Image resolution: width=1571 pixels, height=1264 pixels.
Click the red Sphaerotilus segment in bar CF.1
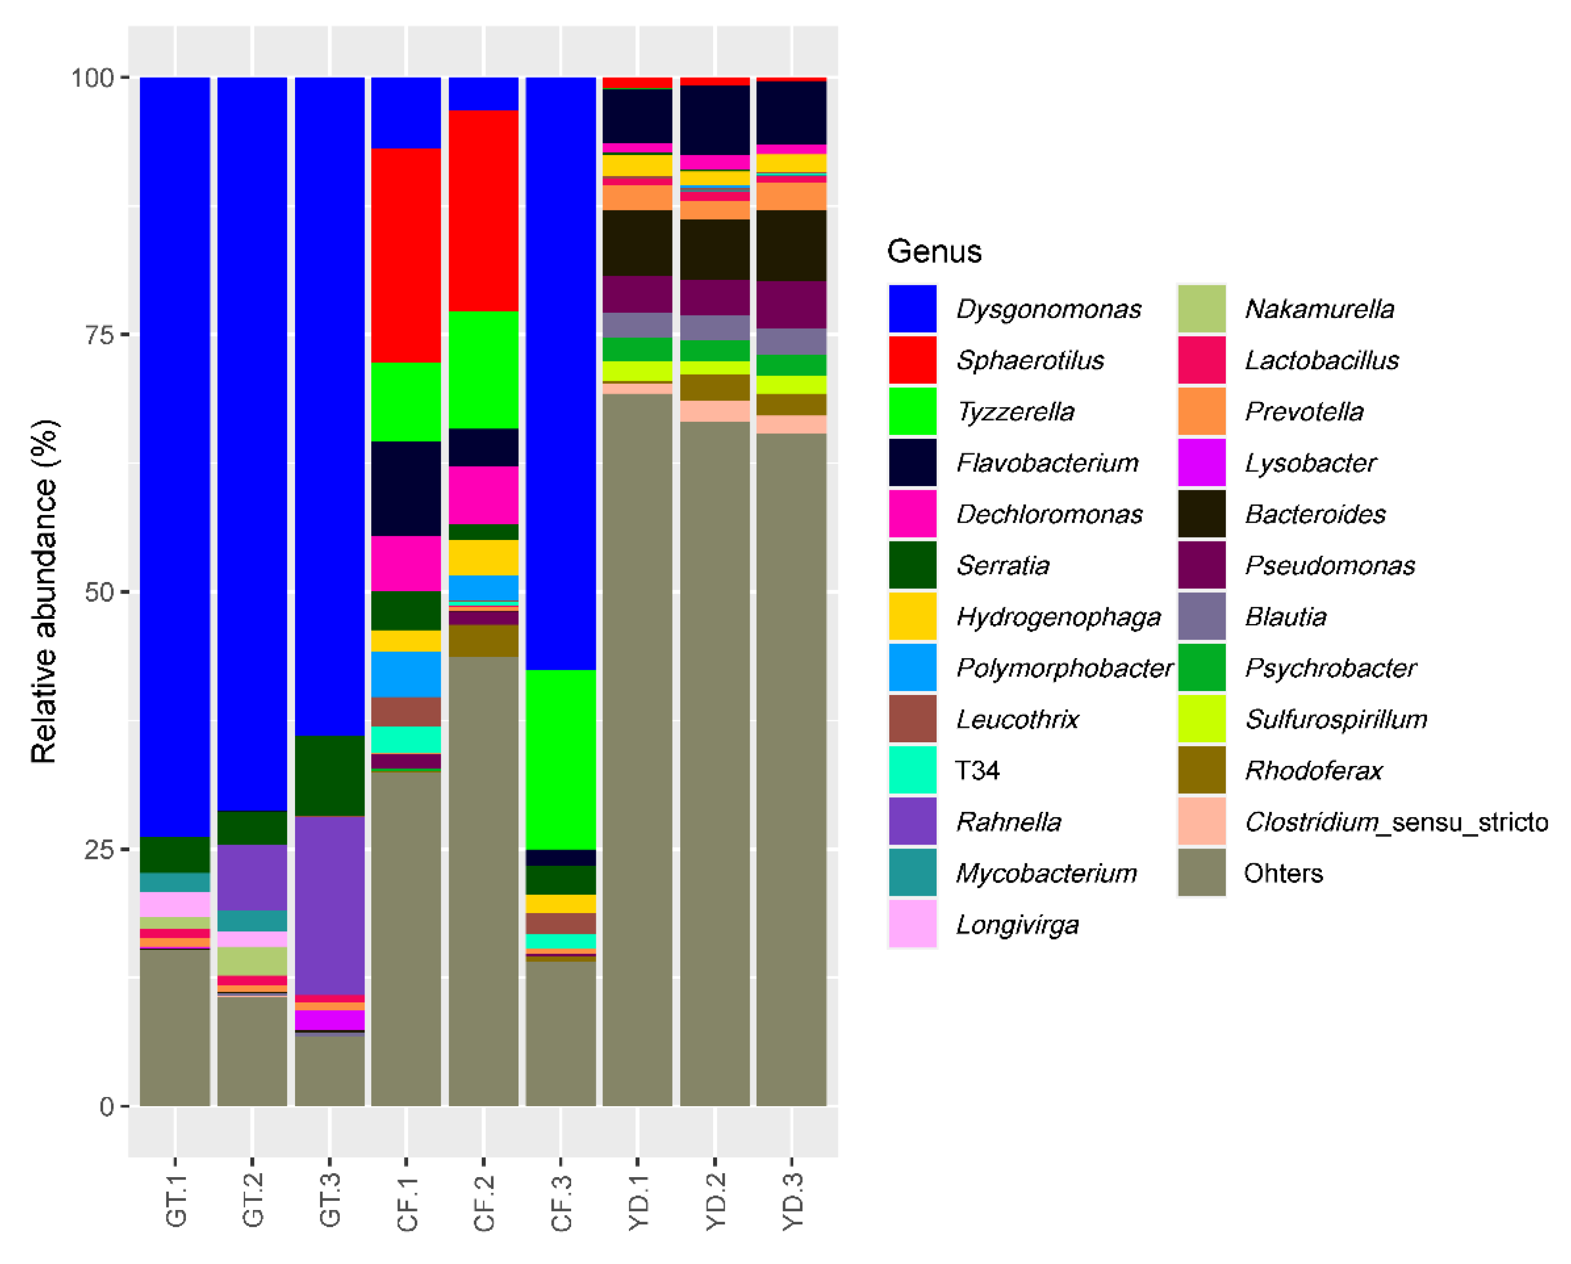pos(406,255)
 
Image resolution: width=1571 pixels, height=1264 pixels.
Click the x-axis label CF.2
pos(483,1202)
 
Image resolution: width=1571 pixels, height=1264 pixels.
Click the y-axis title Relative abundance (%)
pos(44,592)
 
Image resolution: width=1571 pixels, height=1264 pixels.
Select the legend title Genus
pos(933,251)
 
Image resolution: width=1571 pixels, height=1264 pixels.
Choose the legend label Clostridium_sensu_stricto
pos(1395,822)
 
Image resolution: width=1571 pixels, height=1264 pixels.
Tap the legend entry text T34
pos(977,770)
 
